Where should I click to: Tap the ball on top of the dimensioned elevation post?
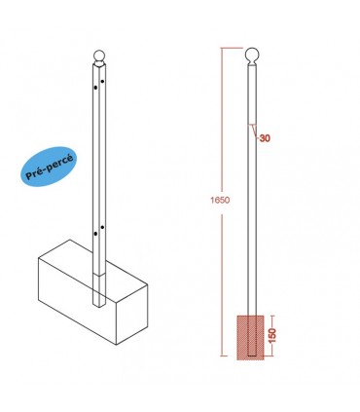[x=251, y=56]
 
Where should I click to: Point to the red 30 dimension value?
[x=265, y=139]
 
